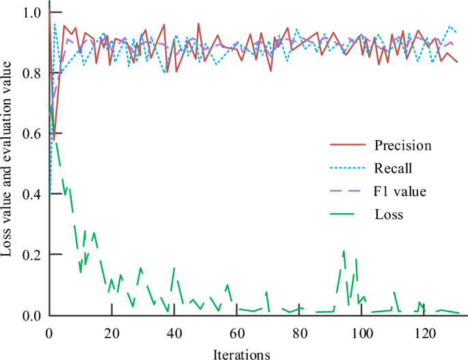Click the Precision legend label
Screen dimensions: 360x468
(402, 145)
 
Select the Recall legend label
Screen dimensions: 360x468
(393, 167)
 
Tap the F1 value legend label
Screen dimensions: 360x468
(400, 191)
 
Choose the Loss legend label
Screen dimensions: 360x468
(389, 214)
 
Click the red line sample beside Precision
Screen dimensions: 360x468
(345, 145)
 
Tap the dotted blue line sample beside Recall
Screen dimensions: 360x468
(345, 167)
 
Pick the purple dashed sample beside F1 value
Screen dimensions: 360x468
(345, 191)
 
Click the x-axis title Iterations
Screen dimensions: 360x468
(242, 354)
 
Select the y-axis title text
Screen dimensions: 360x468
(8, 158)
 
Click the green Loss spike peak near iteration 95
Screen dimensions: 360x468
(344, 251)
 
